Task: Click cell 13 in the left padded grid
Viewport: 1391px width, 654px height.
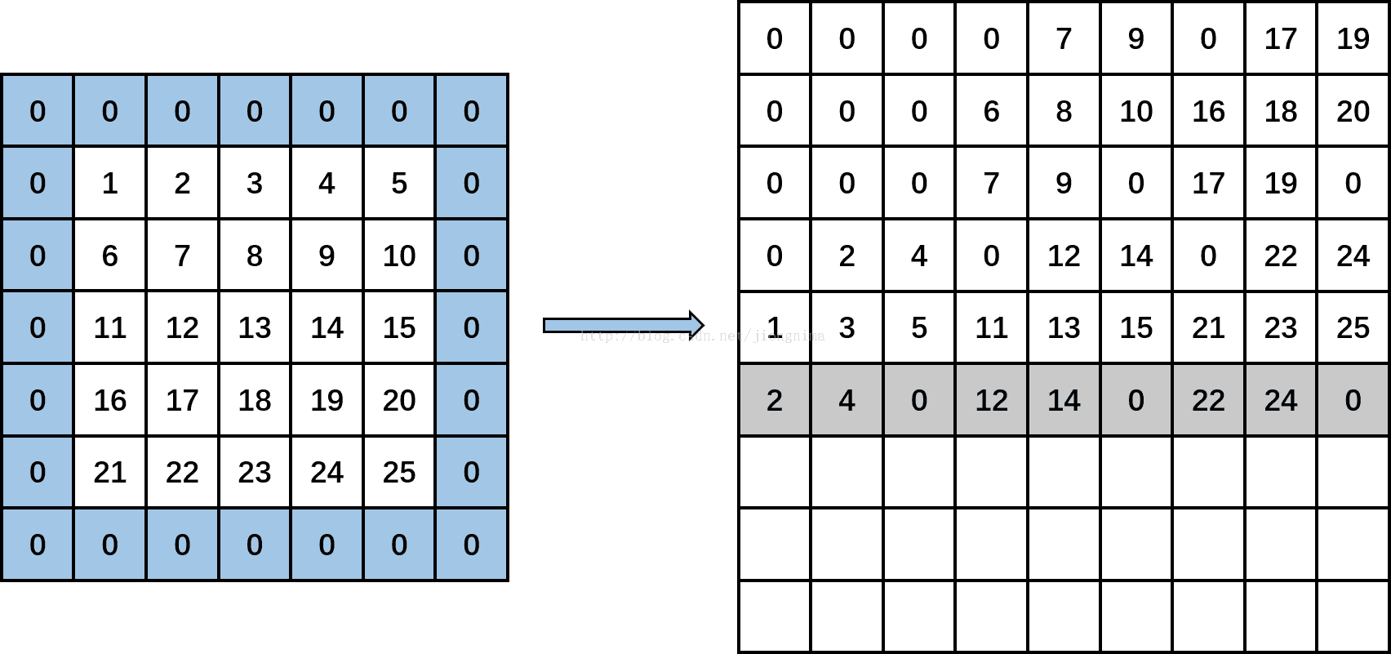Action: [255, 327]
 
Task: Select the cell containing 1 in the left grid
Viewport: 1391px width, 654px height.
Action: [109, 183]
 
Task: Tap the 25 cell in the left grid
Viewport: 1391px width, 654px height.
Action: [399, 472]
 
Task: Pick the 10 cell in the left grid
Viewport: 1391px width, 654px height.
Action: [399, 256]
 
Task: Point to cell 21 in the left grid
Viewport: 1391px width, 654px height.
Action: [109, 472]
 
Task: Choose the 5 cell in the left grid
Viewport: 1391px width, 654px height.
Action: [399, 183]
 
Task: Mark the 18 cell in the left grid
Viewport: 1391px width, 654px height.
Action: [255, 400]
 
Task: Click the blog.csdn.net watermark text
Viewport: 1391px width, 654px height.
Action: [702, 336]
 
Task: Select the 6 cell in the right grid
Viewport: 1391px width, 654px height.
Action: [991, 111]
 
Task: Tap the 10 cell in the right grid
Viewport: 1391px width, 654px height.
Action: [1135, 111]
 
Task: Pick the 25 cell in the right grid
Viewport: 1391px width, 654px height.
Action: [1353, 327]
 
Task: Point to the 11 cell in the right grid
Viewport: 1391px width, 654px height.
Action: [991, 327]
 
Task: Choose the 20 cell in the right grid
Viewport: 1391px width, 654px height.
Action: [1353, 111]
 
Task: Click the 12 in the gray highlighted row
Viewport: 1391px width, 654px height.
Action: [991, 400]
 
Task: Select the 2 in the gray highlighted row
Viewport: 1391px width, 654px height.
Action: [774, 400]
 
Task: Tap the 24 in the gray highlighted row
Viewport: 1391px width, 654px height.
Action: [1280, 400]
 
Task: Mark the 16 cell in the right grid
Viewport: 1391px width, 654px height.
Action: [1208, 111]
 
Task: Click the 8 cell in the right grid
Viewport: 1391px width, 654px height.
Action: [1064, 111]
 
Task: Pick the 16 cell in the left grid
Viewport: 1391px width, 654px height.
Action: [109, 400]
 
